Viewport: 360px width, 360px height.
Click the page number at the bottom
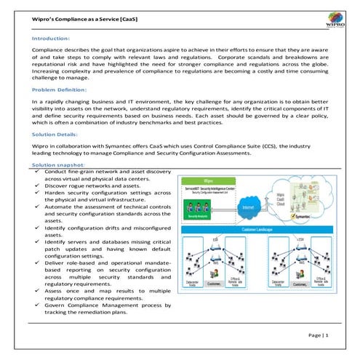[318, 336]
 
